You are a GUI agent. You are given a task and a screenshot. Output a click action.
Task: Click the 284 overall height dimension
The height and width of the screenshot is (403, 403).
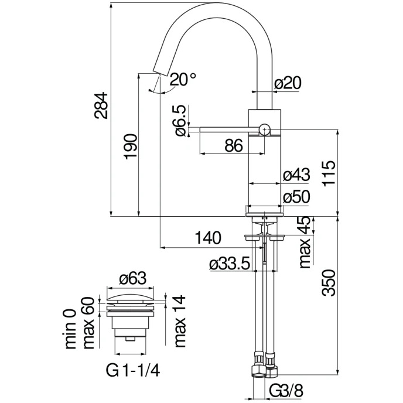pos(101,105)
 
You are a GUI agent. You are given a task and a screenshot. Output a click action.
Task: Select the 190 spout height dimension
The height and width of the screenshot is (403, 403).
pos(130,146)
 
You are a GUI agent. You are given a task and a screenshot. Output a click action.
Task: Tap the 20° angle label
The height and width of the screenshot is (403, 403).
pos(183,79)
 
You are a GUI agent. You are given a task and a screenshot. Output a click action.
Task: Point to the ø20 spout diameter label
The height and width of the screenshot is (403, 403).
pos(288,83)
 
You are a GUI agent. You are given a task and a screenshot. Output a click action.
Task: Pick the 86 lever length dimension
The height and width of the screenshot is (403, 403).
pos(233,145)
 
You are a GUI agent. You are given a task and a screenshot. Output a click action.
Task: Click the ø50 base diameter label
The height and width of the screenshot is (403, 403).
pos(296,197)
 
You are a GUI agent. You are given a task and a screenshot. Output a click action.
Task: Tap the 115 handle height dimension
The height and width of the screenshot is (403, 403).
pos(329,174)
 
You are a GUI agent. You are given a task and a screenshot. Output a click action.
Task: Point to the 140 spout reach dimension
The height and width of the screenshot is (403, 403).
pos(208,237)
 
